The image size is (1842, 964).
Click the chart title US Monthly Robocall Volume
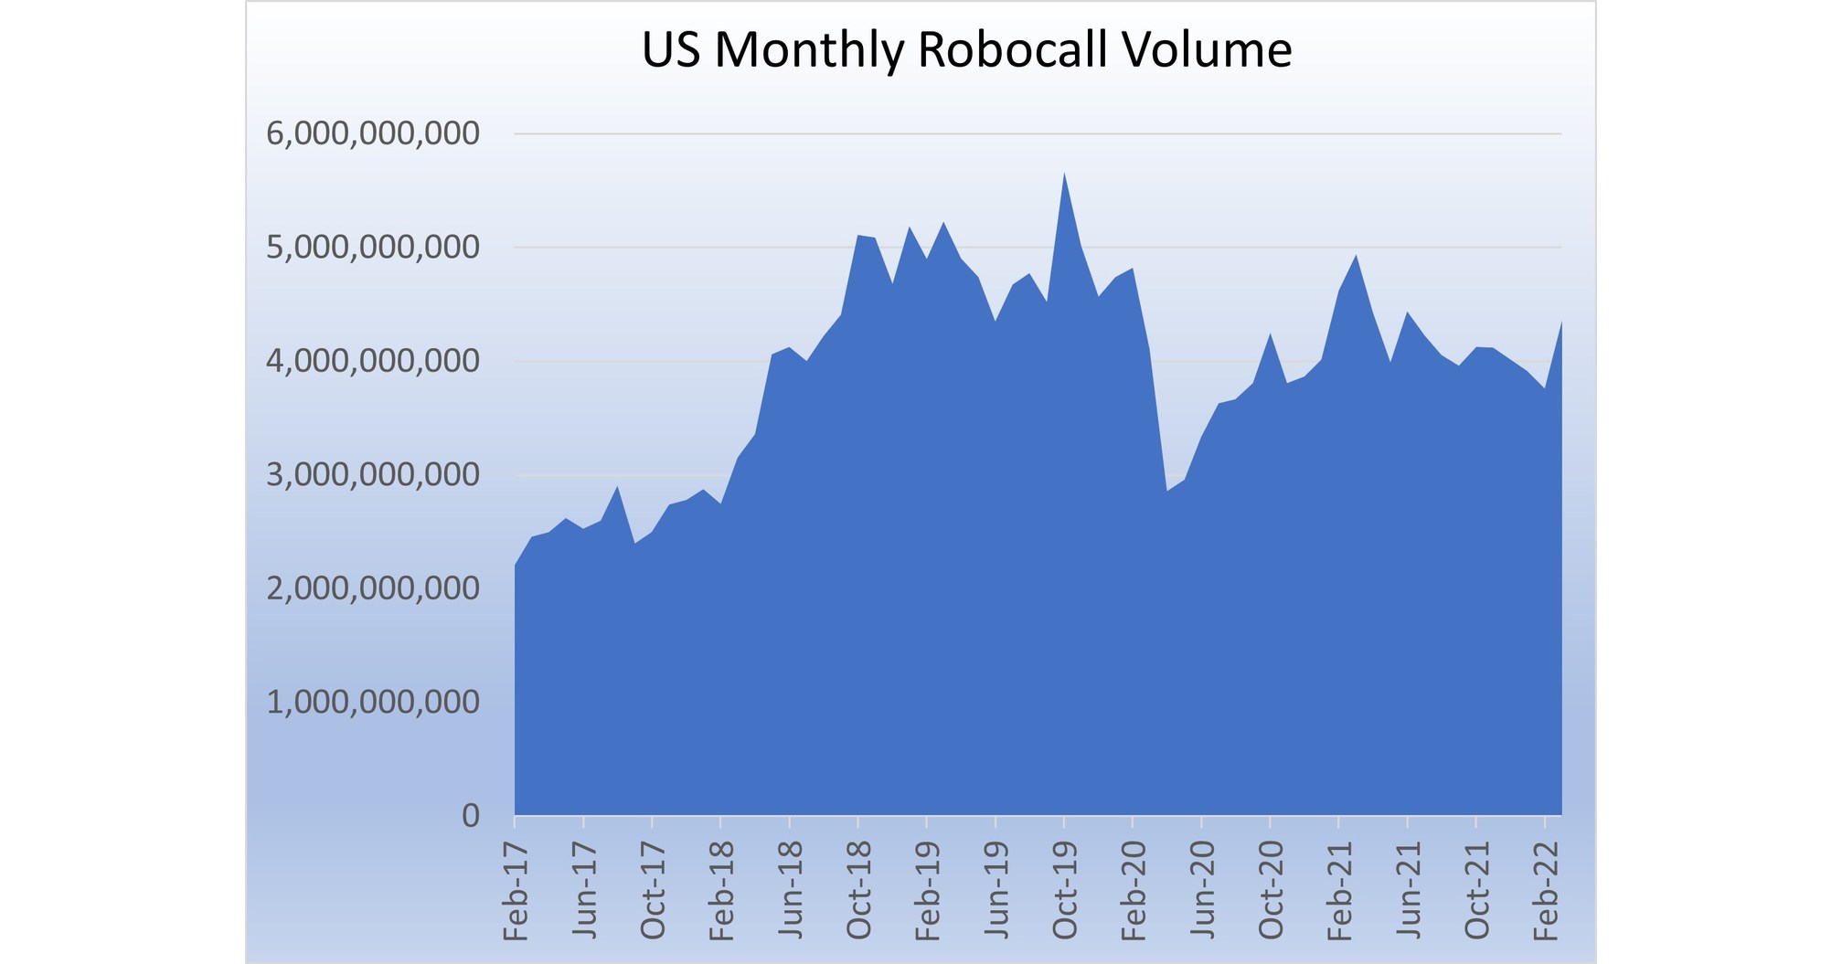[966, 49]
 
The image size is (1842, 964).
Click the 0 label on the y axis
[470, 815]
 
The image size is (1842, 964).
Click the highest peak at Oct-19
[1064, 174]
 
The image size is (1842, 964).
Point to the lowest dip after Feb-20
[1167, 491]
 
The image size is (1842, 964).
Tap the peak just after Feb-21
[1356, 256]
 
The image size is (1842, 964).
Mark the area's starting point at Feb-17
[516, 566]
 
